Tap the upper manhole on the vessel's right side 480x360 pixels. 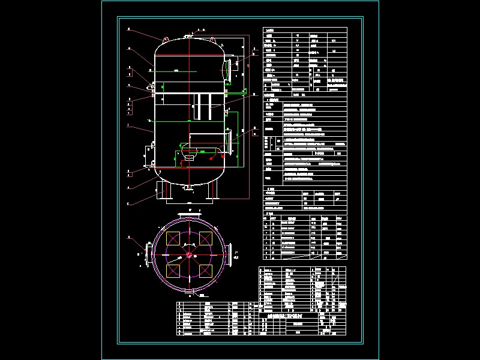pos(229,65)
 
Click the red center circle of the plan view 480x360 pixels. pos(189,254)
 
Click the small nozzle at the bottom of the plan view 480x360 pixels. pos(189,293)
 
